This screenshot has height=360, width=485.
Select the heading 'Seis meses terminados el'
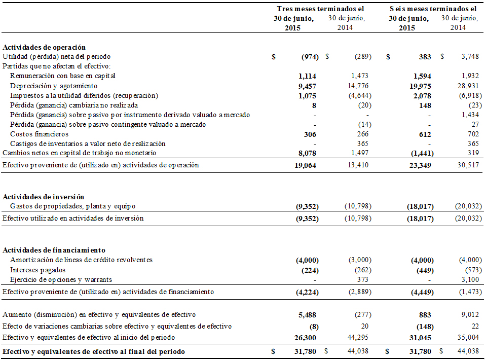(433, 9)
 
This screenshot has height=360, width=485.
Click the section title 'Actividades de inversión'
(44, 197)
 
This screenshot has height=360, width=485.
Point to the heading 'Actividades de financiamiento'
(54, 250)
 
